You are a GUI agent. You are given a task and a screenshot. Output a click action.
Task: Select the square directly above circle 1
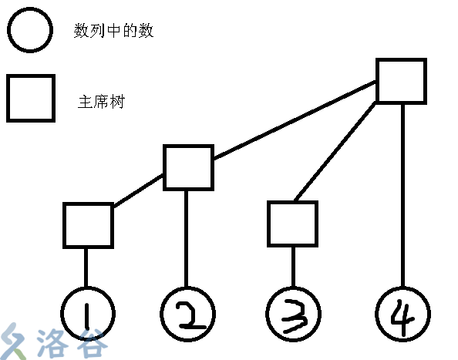pos(88,225)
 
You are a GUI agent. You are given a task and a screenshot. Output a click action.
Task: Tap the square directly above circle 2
pos(188,167)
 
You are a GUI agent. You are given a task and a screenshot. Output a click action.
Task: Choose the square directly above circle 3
pos(293,224)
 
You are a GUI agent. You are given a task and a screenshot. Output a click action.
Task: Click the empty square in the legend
pos(31,98)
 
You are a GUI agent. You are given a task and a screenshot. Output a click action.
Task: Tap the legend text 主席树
pos(101,101)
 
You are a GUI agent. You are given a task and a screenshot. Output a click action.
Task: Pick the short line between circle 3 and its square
pos(293,267)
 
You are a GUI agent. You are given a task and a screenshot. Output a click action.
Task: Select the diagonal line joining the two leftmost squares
pos(139,190)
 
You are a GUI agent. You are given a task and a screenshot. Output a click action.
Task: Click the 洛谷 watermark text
pos(81,343)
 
